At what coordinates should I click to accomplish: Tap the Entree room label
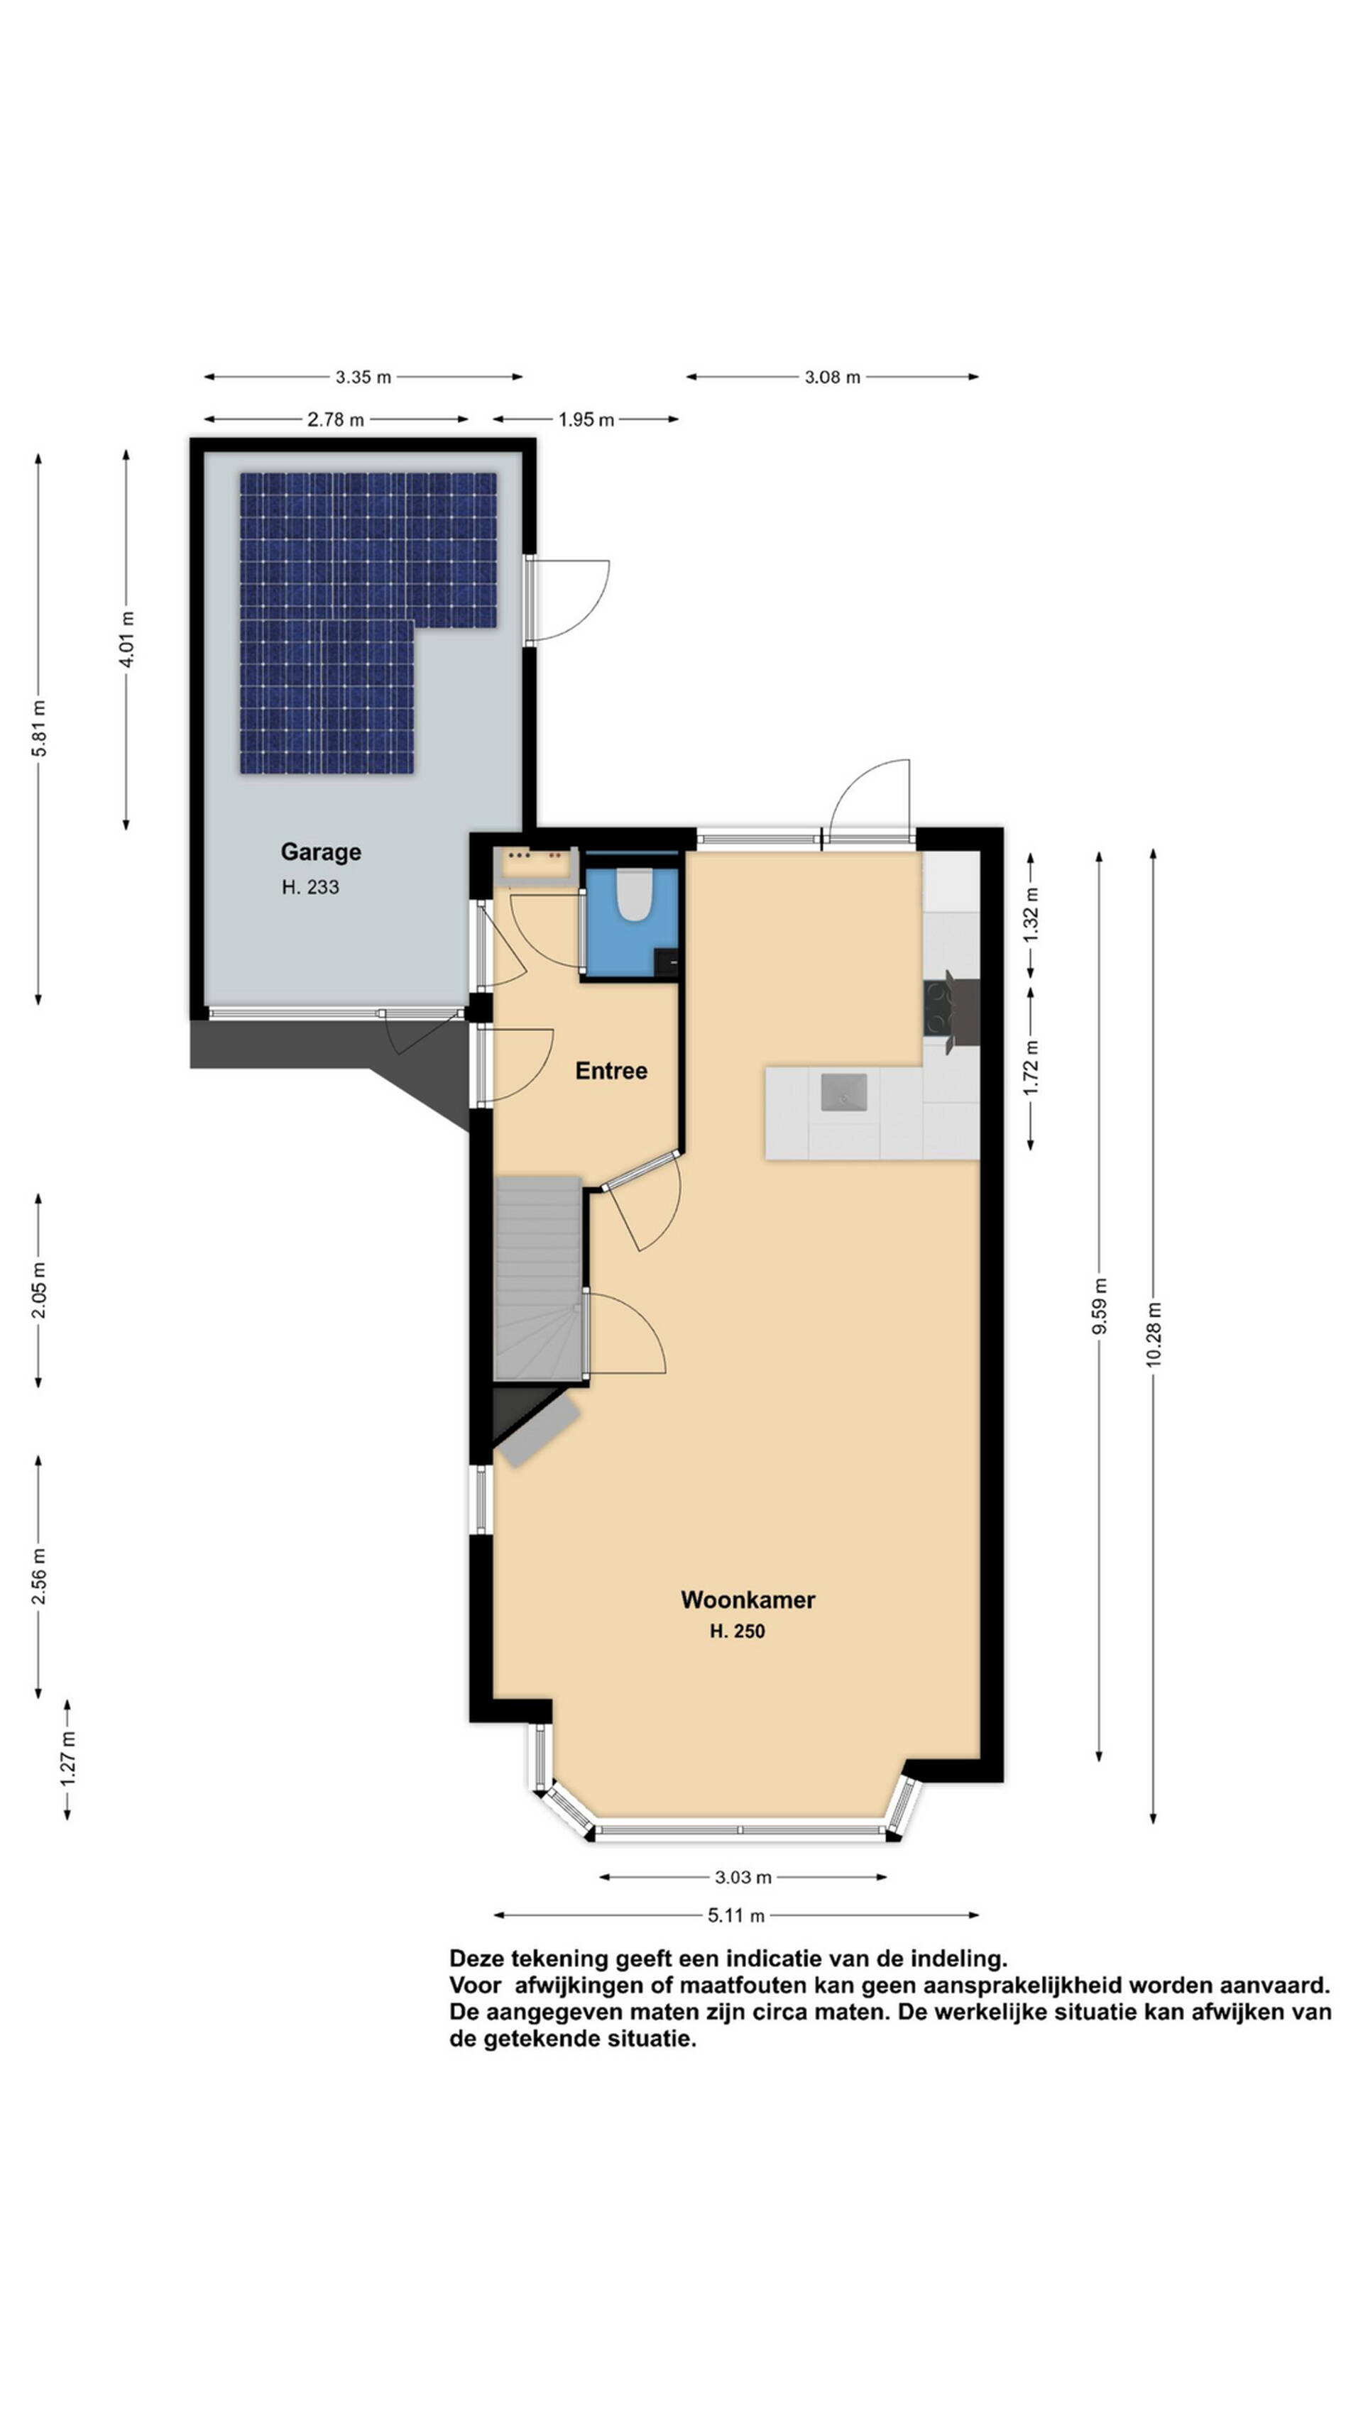coord(611,1070)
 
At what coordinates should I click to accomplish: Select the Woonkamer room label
coord(748,1600)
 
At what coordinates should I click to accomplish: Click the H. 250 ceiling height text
coord(738,1631)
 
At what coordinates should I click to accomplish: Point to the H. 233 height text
coord(310,886)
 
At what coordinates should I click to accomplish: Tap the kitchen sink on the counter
coord(844,1091)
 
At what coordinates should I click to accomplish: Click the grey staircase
coord(539,1278)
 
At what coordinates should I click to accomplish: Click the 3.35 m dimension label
coord(363,377)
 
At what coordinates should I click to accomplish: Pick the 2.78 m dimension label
coord(335,419)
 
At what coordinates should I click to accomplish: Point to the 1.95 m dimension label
coord(586,419)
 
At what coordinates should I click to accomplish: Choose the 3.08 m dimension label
coord(833,377)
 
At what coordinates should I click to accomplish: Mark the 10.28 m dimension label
coord(1154,1334)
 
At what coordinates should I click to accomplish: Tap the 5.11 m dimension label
coord(737,1915)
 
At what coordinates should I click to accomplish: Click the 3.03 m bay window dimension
coord(743,1878)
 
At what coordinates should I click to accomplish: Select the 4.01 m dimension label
coord(127,639)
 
